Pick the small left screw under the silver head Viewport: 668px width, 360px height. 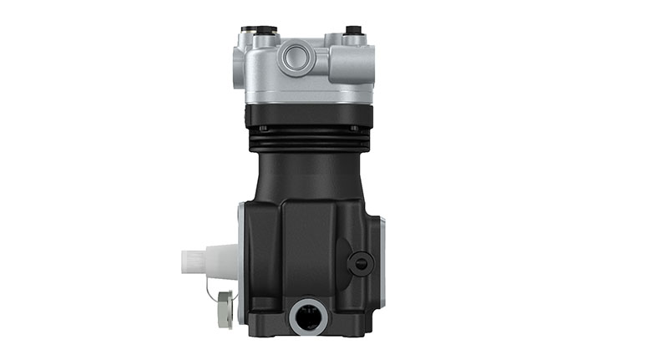pyautogui.click(x=263, y=128)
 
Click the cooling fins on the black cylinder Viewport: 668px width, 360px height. pyautogui.click(x=308, y=141)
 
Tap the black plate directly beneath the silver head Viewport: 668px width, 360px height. pyautogui.click(x=308, y=115)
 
